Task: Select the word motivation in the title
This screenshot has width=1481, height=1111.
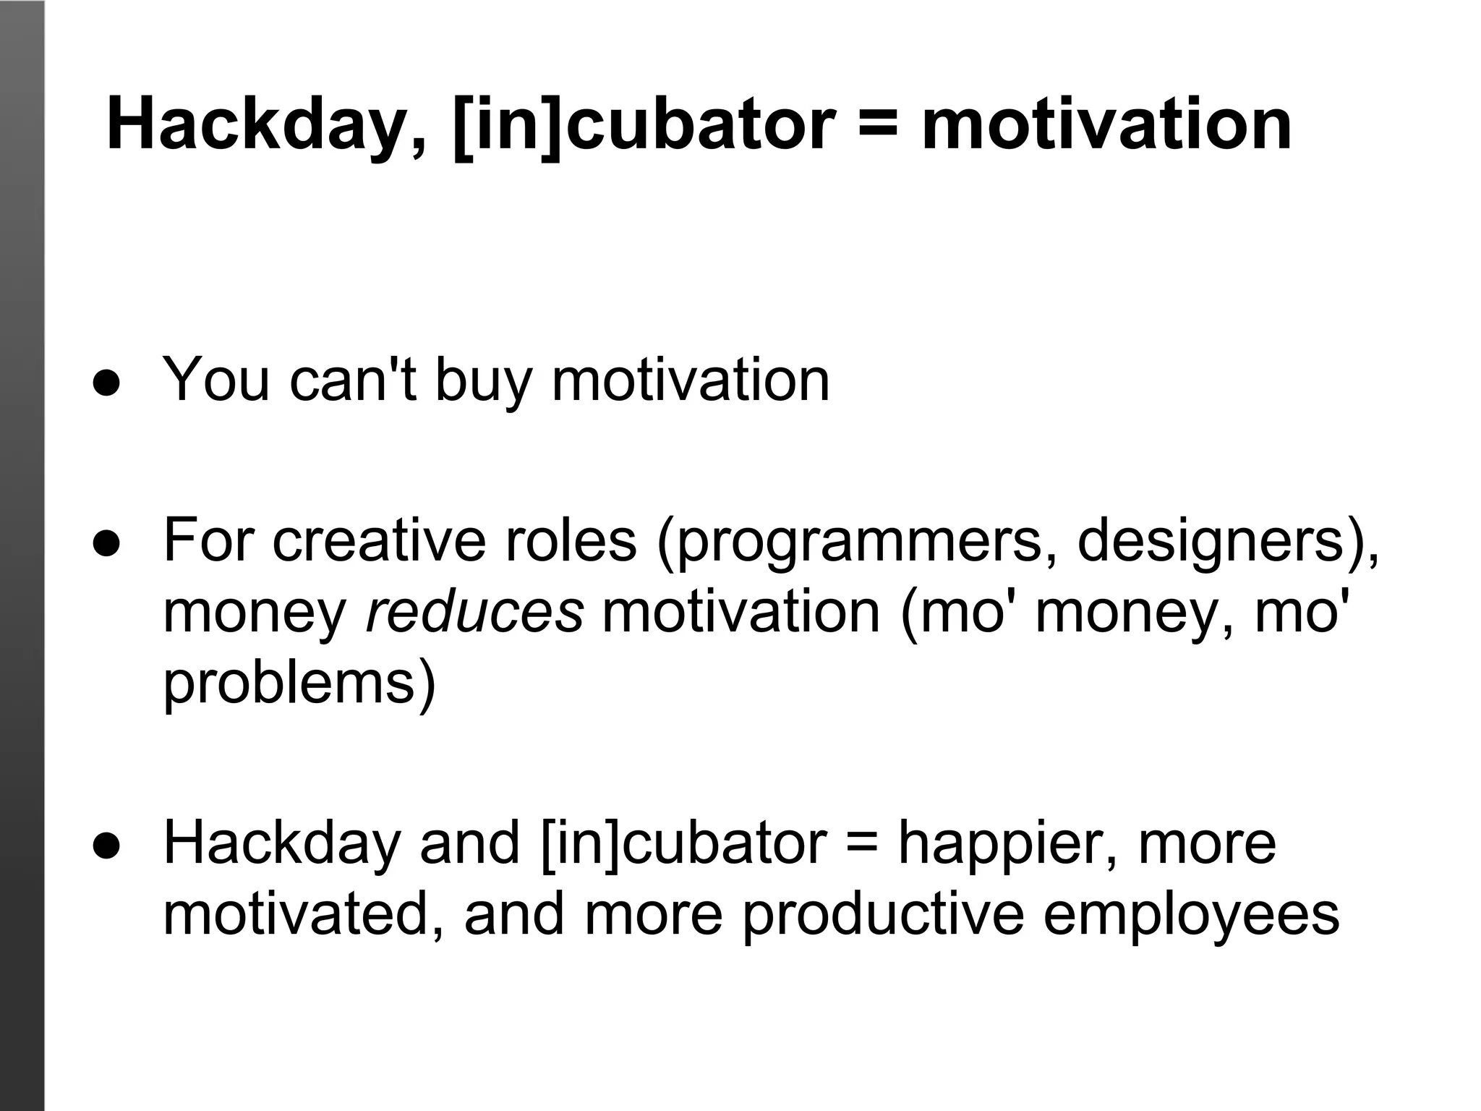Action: tap(1106, 126)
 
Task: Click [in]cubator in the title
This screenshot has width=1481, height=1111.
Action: tap(644, 126)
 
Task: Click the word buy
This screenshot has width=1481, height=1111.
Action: tap(484, 380)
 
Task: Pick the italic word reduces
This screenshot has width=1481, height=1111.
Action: tap(474, 612)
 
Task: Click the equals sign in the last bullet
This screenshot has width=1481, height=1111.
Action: tap(861, 843)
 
